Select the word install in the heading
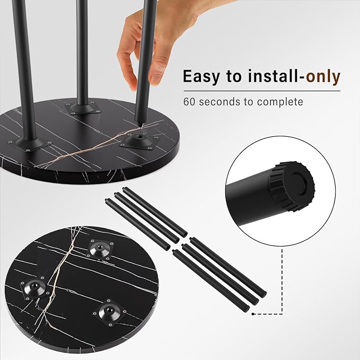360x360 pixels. point(273,76)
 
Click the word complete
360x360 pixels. point(280,102)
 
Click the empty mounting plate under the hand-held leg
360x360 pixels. point(139,141)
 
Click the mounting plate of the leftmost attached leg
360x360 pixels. point(30,144)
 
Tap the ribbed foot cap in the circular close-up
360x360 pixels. point(292,187)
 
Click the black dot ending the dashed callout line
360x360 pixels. point(252,314)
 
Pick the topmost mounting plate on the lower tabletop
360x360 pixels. point(100,250)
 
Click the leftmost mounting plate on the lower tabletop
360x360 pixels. point(35,288)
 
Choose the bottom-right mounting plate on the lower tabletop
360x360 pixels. point(110,312)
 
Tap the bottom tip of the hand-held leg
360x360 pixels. point(139,124)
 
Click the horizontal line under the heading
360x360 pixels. point(262,91)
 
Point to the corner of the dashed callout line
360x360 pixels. point(282,314)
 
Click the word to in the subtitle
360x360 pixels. point(249,102)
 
